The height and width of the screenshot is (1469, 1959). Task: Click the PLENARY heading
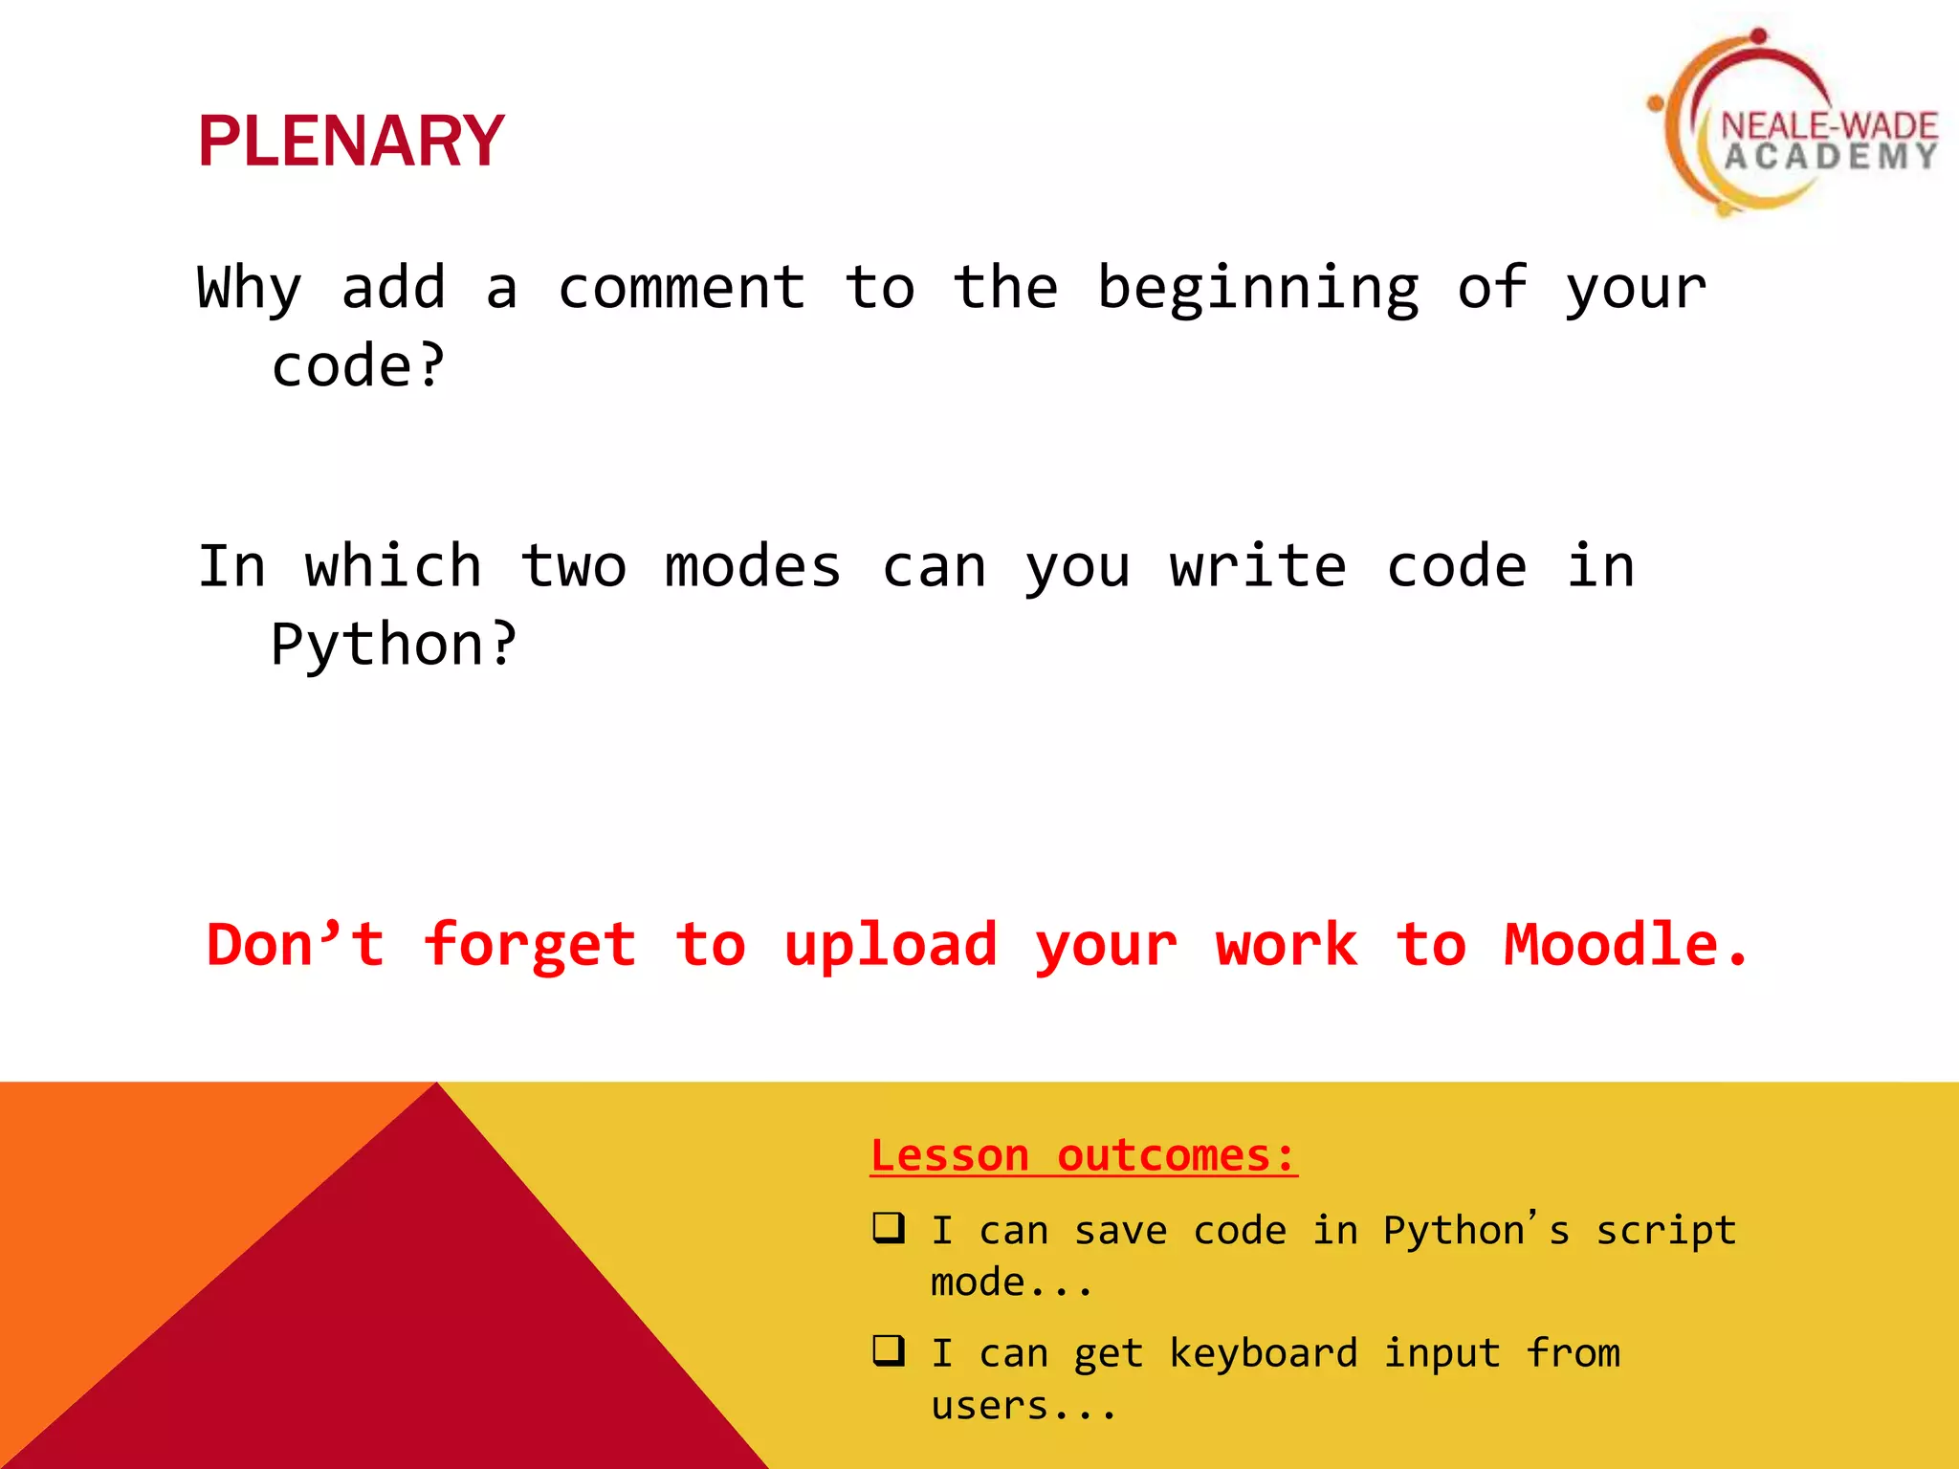[350, 142]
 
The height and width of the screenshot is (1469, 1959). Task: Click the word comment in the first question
[681, 288]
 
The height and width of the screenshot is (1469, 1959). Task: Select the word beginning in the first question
[1258, 288]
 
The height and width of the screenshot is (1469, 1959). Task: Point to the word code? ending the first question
[358, 366]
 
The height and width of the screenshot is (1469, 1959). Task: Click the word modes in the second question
[753, 566]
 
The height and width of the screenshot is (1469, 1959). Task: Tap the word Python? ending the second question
[393, 645]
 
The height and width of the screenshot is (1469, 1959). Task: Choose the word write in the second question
[1258, 566]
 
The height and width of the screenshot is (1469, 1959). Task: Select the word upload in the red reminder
[891, 945]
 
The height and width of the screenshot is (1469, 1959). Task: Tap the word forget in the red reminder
[530, 945]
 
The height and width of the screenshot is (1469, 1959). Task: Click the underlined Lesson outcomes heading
[1083, 1155]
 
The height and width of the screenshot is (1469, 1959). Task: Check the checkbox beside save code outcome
[888, 1227]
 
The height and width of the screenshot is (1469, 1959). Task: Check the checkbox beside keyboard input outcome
[888, 1350]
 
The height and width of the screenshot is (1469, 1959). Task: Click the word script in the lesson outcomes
[1665, 1231]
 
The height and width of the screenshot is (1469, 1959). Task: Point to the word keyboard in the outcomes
[1263, 1353]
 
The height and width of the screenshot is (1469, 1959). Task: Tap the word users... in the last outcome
[1024, 1406]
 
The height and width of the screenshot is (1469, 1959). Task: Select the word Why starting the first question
[249, 288]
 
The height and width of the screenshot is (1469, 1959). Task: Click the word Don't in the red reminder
[296, 945]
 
